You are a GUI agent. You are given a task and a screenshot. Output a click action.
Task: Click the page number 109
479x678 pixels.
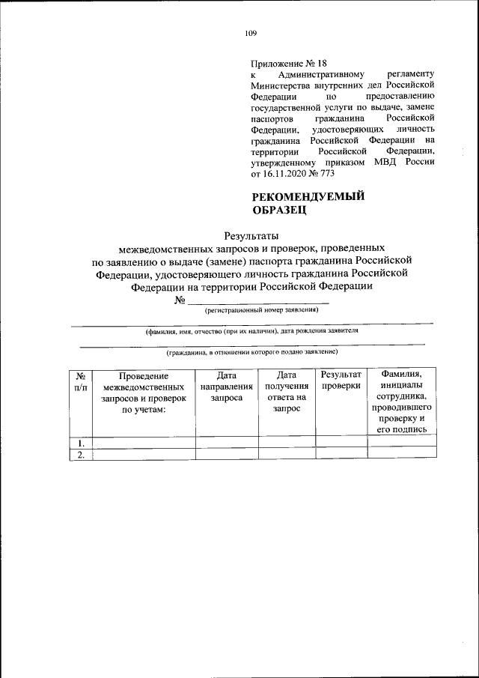pyautogui.click(x=251, y=32)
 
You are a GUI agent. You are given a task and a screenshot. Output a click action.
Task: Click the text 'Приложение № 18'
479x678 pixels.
pyautogui.click(x=288, y=64)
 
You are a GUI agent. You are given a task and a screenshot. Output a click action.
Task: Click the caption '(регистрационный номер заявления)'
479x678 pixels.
pyautogui.click(x=257, y=309)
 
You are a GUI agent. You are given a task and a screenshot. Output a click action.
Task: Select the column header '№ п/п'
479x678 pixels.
pyautogui.click(x=80, y=381)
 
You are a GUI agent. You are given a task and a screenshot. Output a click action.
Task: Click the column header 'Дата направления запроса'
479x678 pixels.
pyautogui.click(x=226, y=387)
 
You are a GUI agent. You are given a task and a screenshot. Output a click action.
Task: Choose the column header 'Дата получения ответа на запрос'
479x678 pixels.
pyautogui.click(x=287, y=393)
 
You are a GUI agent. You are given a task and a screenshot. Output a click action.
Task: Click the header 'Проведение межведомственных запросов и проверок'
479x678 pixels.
pyautogui.click(x=143, y=393)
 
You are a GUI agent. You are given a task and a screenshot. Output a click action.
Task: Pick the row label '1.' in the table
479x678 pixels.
pyautogui.click(x=80, y=442)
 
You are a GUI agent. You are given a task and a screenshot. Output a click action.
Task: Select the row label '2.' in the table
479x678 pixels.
pyautogui.click(x=80, y=454)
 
